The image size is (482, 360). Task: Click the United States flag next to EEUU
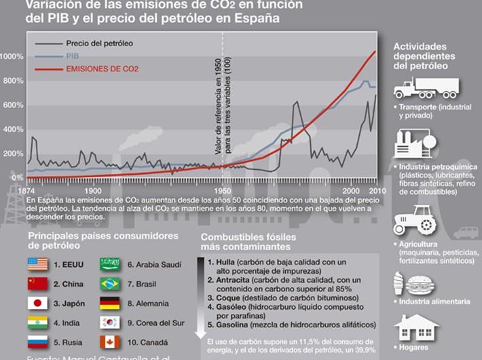click(x=37, y=264)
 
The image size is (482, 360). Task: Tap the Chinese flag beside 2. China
click(x=37, y=283)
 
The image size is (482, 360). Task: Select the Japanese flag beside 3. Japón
click(x=37, y=303)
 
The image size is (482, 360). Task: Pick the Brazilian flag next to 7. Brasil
click(x=110, y=283)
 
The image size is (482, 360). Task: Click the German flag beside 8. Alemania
click(x=110, y=303)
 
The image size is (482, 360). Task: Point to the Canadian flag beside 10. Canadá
click(x=110, y=342)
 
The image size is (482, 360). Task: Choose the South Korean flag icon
click(x=110, y=323)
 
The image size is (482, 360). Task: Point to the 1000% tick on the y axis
click(x=12, y=56)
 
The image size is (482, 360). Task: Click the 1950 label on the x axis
click(x=223, y=191)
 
